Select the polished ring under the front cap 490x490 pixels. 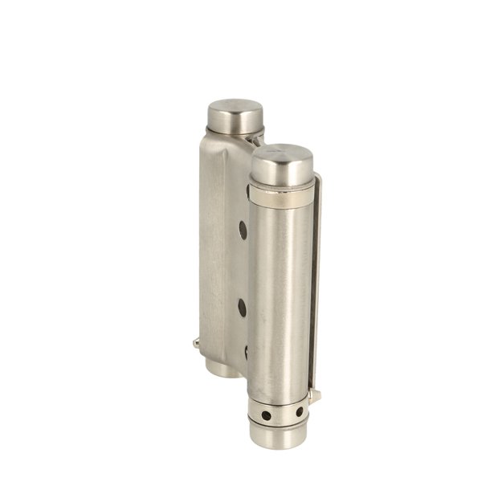(280, 194)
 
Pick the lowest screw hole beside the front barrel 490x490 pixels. (245, 350)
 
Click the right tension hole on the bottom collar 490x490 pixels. (299, 411)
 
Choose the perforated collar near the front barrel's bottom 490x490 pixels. (281, 413)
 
